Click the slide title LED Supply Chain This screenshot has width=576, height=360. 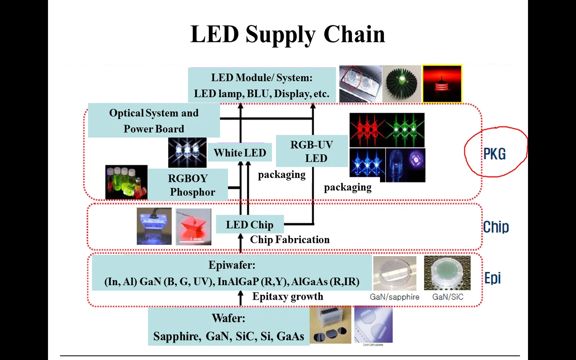pos(288,34)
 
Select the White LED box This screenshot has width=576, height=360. pos(240,153)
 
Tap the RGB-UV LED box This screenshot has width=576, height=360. pos(312,151)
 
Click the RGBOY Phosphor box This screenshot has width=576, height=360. pos(188,185)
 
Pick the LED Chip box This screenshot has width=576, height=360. pos(250,225)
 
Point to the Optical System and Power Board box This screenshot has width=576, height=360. pos(154,120)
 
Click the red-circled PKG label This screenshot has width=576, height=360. pos(494,154)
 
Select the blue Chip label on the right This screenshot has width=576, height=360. pos(496,227)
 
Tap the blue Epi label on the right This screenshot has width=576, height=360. pos(492,278)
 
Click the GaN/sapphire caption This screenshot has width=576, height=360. pos(394,297)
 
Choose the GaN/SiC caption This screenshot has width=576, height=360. pos(448,297)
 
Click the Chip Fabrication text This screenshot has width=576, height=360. pos(290,240)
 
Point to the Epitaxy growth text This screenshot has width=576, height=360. pos(288,296)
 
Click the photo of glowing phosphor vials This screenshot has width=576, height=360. pos(126,182)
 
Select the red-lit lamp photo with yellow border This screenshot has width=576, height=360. pos(442,84)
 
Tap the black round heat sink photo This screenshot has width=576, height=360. pos(402,84)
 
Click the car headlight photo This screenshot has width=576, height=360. pos(360,84)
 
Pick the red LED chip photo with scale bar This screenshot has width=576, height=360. pos(193,226)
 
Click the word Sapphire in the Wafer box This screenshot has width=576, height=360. pos(177,336)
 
